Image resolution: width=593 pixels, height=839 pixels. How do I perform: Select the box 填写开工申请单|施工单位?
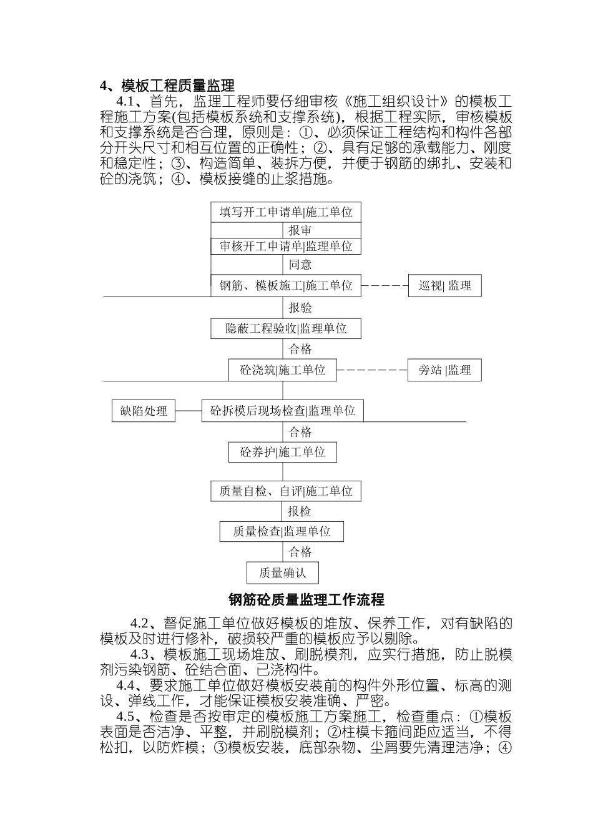(x=286, y=212)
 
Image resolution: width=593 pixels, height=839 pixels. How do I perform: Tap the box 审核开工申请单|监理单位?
(x=286, y=247)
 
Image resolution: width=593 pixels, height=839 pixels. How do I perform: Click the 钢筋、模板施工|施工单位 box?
(x=286, y=286)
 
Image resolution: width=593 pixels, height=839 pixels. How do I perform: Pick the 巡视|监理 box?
(x=445, y=286)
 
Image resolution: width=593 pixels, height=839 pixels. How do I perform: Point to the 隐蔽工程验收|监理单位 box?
(x=286, y=328)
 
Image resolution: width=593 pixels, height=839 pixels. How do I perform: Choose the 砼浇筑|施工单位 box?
(x=283, y=370)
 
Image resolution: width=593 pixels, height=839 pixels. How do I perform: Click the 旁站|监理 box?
(x=444, y=370)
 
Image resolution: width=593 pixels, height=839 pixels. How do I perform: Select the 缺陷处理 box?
(x=144, y=411)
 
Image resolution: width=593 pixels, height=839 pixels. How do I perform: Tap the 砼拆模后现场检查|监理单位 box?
(x=283, y=411)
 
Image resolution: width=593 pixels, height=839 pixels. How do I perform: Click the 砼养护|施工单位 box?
(x=283, y=452)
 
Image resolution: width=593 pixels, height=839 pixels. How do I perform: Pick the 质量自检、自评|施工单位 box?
(x=286, y=491)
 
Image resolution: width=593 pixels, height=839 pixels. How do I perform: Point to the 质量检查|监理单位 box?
(x=282, y=532)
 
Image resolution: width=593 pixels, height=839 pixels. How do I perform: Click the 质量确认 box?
(x=282, y=573)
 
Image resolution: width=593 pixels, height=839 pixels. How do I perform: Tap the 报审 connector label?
(x=300, y=230)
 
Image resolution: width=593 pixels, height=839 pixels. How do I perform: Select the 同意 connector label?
(x=300, y=265)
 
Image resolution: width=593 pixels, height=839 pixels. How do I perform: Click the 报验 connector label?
(x=300, y=307)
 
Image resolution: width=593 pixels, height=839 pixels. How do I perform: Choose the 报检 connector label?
(x=300, y=512)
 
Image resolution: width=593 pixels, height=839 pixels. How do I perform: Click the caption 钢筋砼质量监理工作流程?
(x=306, y=600)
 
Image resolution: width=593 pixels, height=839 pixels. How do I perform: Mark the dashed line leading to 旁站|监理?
(x=372, y=370)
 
